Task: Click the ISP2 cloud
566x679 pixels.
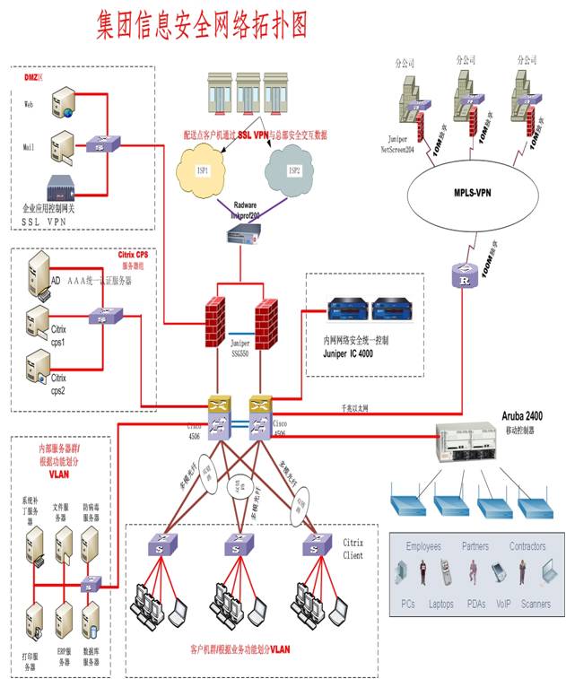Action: click(x=294, y=168)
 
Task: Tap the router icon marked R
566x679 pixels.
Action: click(x=463, y=277)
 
